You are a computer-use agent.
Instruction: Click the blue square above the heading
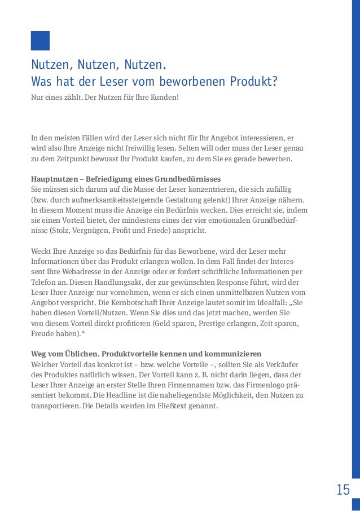point(40,41)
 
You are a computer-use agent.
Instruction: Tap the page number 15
point(343,490)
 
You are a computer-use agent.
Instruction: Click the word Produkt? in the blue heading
point(253,82)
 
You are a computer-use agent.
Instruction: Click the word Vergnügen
point(89,231)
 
